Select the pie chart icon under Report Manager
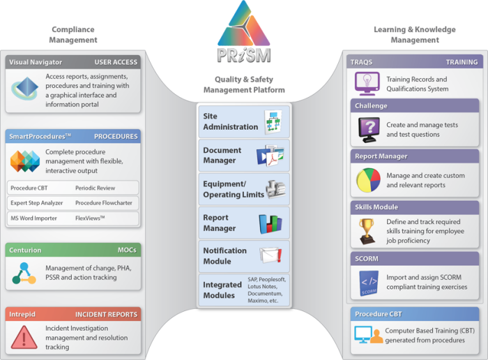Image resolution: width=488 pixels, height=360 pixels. (x=367, y=179)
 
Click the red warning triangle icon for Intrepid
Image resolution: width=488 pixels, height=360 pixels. (x=24, y=337)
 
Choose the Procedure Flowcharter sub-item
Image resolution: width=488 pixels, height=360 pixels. (x=105, y=203)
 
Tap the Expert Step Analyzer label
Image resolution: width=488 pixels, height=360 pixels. (x=37, y=203)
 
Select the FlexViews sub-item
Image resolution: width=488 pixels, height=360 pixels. (x=91, y=218)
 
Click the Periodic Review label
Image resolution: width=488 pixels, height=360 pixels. (x=96, y=188)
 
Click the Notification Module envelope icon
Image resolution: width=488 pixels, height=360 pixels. (x=269, y=255)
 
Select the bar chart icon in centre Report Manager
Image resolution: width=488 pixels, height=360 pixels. (x=270, y=223)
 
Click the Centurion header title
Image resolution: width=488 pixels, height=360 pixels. (x=25, y=250)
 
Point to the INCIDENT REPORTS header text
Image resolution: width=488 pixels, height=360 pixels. (x=106, y=315)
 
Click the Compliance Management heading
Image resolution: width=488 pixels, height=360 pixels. (x=73, y=35)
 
